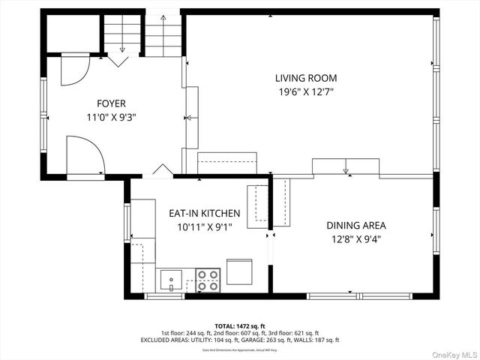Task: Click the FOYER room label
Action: [x=111, y=103]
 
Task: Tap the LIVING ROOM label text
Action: [x=305, y=78]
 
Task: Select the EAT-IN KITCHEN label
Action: [x=204, y=213]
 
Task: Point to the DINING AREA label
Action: [x=355, y=225]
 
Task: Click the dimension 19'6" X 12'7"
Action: [x=305, y=92]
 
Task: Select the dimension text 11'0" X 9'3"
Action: [x=111, y=117]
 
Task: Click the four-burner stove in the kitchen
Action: [x=207, y=280]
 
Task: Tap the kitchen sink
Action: [x=172, y=280]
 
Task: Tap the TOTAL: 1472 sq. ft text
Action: [x=239, y=325]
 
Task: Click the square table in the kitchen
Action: [x=239, y=271]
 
